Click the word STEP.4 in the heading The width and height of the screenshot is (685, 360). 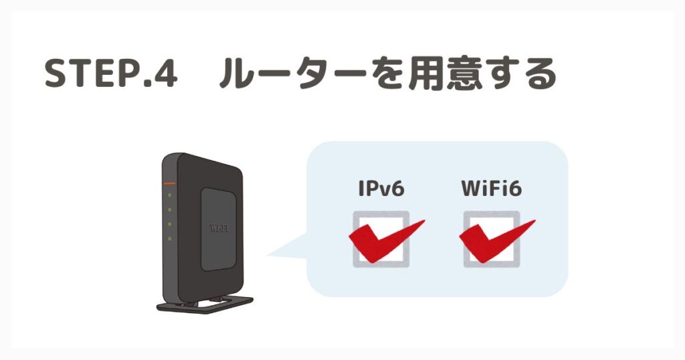111,74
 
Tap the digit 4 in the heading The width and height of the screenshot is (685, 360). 165,74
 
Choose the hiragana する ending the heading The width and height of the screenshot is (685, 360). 520,74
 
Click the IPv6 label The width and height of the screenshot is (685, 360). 381,188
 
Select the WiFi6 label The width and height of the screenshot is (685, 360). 492,188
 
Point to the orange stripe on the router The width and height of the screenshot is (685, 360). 169,183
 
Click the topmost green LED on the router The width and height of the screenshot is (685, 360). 169,195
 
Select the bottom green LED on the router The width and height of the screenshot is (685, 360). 169,238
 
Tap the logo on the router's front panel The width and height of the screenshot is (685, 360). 219,228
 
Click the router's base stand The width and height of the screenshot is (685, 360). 205,304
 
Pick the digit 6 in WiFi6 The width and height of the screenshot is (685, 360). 515,189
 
